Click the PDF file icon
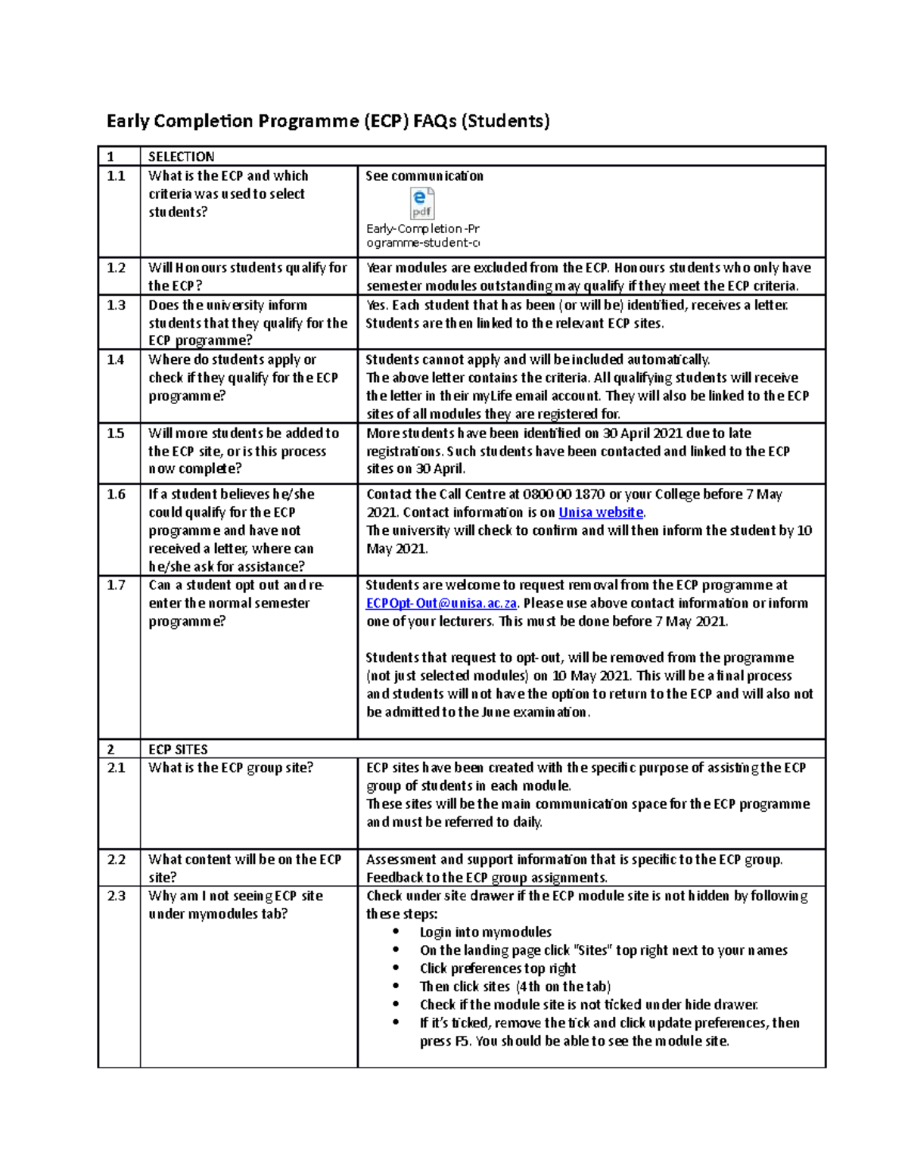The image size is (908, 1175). point(421,204)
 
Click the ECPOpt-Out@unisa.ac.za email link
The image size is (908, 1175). point(441,603)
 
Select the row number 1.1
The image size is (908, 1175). point(116,176)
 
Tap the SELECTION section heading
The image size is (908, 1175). point(181,157)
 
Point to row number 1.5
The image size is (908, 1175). point(116,433)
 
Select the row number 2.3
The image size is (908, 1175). point(116,896)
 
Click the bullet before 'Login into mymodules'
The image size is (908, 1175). point(396,932)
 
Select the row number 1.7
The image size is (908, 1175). point(116,585)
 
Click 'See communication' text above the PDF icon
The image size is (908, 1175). point(424,176)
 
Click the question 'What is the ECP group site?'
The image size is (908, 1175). point(230,767)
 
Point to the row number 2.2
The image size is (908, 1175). point(116,859)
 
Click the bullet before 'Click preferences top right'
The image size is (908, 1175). point(396,968)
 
